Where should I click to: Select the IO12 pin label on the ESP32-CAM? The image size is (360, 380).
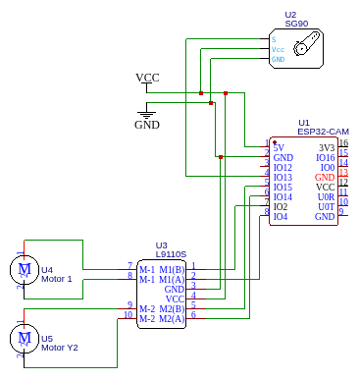[283, 167]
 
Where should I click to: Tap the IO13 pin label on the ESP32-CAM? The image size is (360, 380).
[283, 177]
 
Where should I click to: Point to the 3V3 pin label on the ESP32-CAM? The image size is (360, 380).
[327, 147]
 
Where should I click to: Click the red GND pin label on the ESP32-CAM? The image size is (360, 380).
[325, 177]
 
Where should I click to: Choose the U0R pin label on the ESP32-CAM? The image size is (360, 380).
[326, 196]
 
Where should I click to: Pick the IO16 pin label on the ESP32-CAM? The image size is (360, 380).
[325, 157]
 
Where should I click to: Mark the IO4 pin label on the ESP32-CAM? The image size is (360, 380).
[281, 216]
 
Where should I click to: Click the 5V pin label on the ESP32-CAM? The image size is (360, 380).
[279, 147]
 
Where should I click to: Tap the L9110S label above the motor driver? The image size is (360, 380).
[170, 253]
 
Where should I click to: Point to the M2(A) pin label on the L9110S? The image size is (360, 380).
[173, 318]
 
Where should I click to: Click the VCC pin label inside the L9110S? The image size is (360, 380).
[175, 299]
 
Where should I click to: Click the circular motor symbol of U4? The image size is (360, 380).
[22, 269]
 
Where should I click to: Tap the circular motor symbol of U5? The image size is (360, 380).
[22, 339]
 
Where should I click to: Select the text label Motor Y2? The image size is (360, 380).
[60, 348]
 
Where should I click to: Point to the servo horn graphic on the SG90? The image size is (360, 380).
[310, 44]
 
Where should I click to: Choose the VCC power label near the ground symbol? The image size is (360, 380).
[147, 77]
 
